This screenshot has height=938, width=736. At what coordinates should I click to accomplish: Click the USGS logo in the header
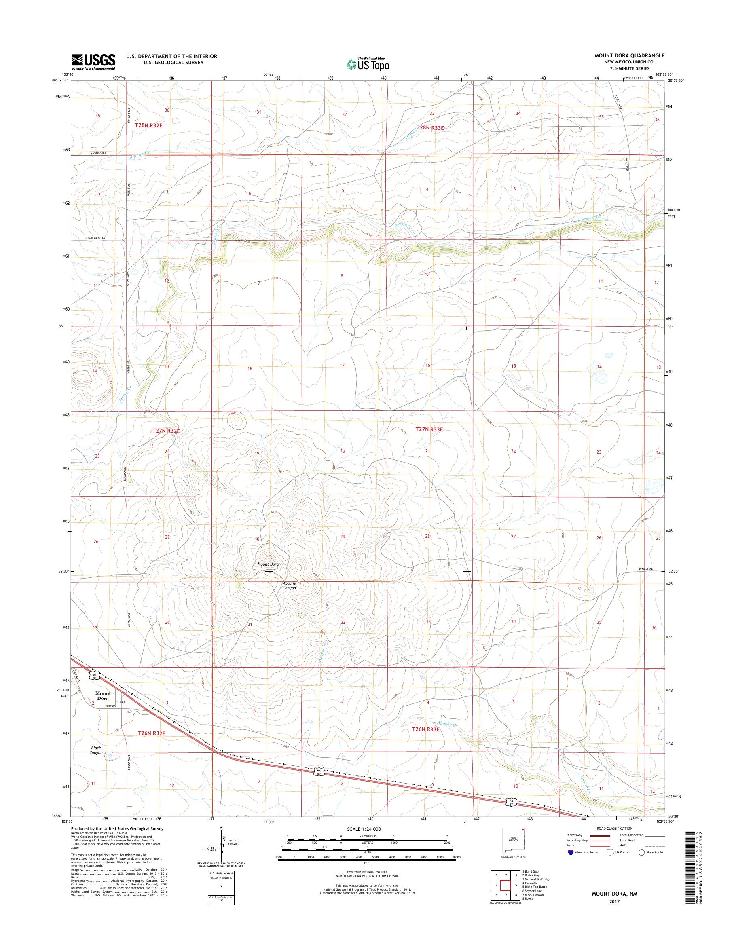[x=93, y=61]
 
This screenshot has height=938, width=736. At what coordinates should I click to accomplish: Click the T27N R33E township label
[x=429, y=429]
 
